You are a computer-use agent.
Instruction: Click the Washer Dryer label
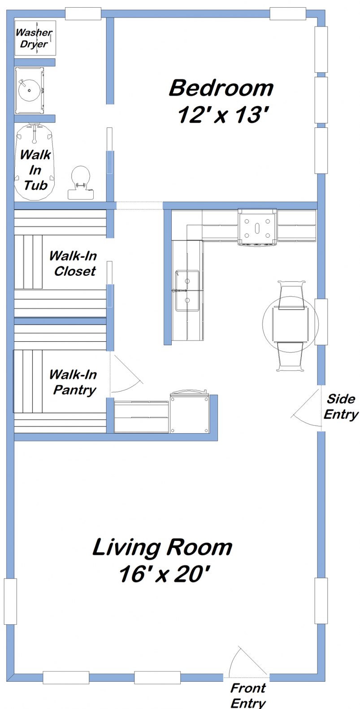pos(34,39)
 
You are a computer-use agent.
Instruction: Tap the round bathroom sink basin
pos(29,90)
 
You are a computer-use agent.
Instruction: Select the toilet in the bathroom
pos(81,182)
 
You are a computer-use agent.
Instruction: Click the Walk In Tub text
pos(35,170)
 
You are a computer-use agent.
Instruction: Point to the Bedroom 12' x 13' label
pos(221,101)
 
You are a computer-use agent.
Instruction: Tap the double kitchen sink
pos(187,291)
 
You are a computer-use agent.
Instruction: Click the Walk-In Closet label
pos(73,263)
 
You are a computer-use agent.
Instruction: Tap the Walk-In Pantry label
pos(73,382)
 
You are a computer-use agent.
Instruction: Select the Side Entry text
pos(341,406)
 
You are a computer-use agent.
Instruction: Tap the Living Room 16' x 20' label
pos(163,560)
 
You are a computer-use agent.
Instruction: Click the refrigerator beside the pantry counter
pos(190,413)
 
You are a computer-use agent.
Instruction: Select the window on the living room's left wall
pos(11,601)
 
